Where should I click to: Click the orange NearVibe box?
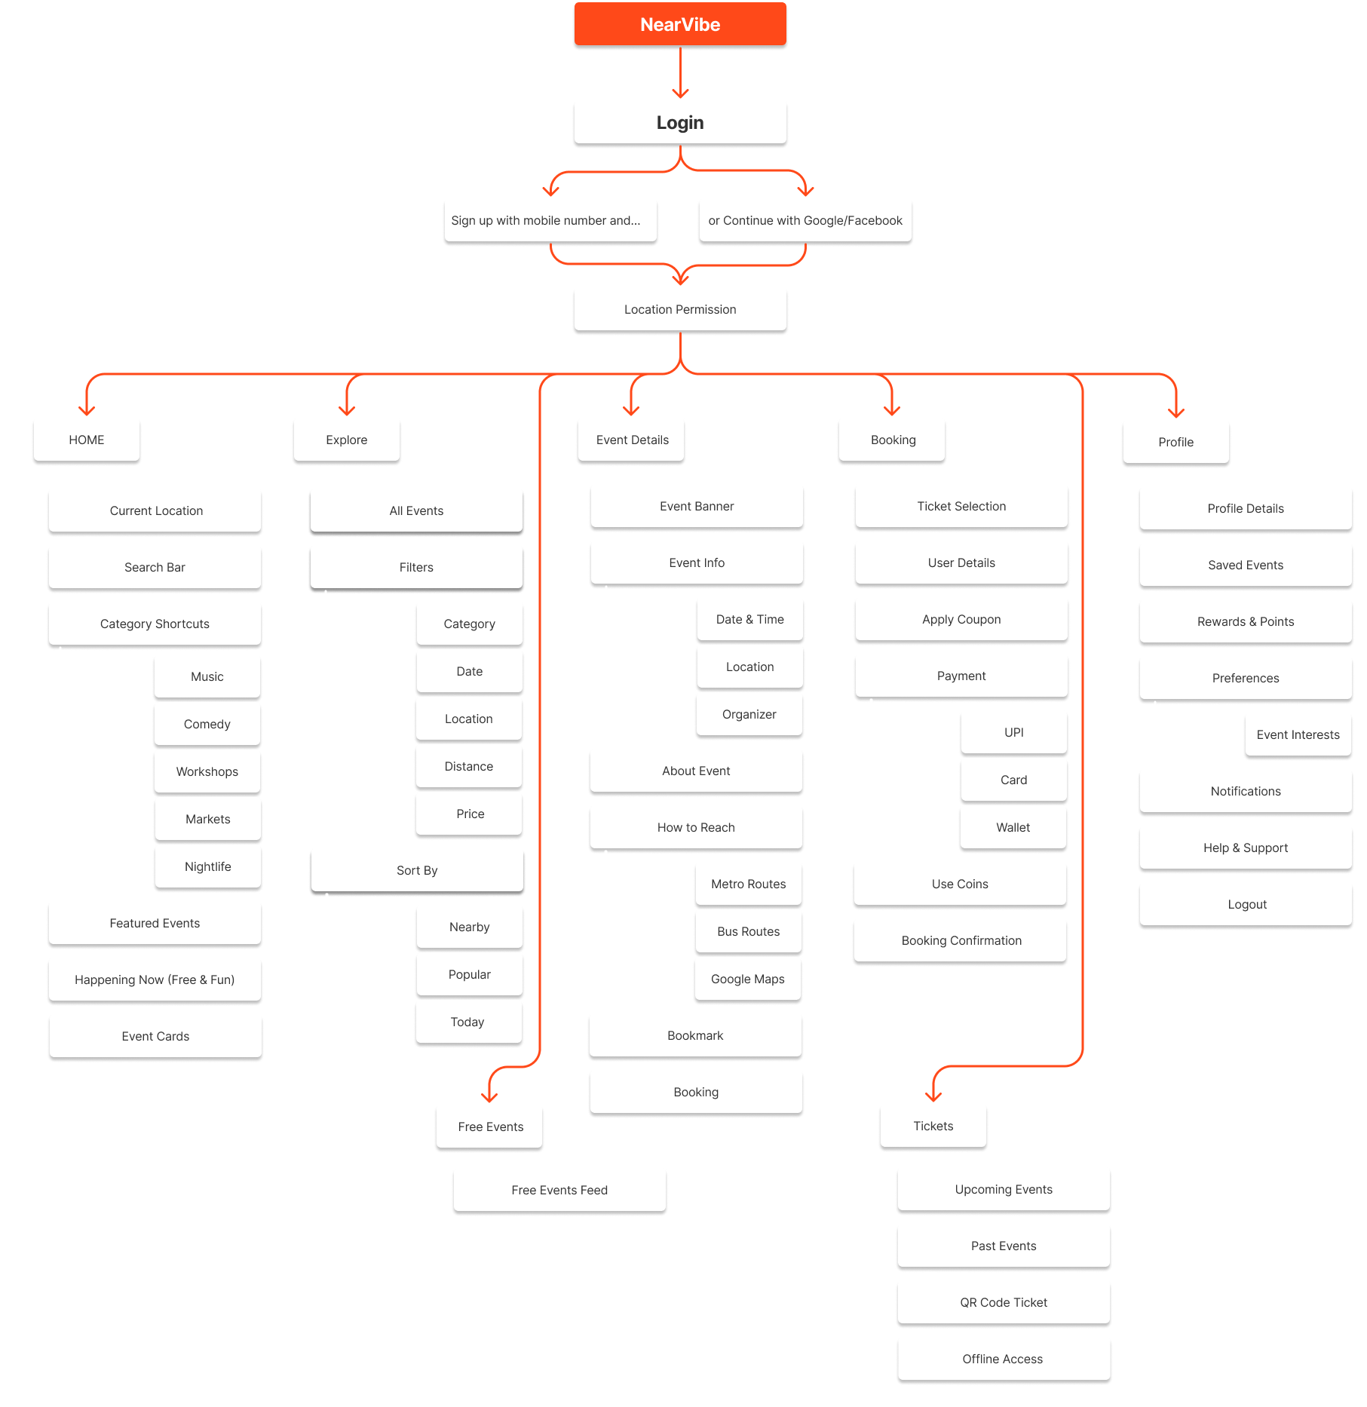pyautogui.click(x=680, y=25)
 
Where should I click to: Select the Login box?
pyautogui.click(x=680, y=122)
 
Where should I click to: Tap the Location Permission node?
pyautogui.click(x=680, y=309)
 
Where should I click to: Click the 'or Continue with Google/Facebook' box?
pyautogui.click(x=805, y=220)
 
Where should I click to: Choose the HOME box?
pyautogui.click(x=87, y=440)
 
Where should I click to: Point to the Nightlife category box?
pyautogui.click(x=207, y=866)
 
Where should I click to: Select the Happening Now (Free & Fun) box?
pyautogui.click(x=155, y=979)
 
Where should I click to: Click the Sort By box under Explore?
pyautogui.click(x=417, y=870)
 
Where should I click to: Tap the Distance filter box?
pyautogui.click(x=469, y=766)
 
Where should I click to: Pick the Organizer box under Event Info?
pyautogui.click(x=749, y=714)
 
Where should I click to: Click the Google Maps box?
pyautogui.click(x=748, y=979)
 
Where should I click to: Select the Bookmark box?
pyautogui.click(x=695, y=1035)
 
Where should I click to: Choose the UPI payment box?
pyautogui.click(x=1013, y=732)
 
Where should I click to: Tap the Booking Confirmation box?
pyautogui.click(x=961, y=940)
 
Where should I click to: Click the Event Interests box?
pyautogui.click(x=1298, y=734)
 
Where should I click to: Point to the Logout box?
pyautogui.click(x=1246, y=904)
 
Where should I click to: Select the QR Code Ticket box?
pyautogui.click(x=1004, y=1302)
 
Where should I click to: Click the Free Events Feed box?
pyautogui.click(x=559, y=1190)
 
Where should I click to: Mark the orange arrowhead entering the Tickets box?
pyautogui.click(x=933, y=1096)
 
